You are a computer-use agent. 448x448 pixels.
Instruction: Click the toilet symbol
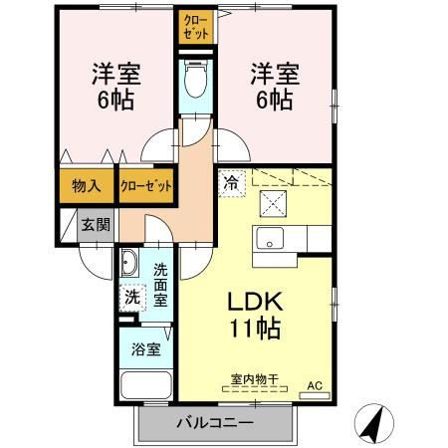click(196, 79)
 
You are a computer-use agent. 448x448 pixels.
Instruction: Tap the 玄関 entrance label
click(96, 225)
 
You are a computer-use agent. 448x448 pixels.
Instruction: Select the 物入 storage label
click(87, 186)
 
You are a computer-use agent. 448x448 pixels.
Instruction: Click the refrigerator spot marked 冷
click(232, 183)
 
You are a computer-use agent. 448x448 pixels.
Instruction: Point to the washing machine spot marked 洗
click(132, 298)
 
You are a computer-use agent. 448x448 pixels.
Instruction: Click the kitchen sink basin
click(270, 238)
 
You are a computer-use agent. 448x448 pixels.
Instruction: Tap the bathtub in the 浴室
click(146, 385)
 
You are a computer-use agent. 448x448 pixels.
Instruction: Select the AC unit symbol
click(315, 395)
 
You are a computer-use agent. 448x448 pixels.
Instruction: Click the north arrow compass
click(374, 423)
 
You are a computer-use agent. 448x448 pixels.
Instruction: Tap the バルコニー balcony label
click(215, 423)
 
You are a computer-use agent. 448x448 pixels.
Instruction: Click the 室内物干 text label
click(254, 379)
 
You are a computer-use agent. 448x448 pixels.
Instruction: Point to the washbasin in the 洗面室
click(128, 262)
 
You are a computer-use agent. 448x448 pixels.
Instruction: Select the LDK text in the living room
click(255, 302)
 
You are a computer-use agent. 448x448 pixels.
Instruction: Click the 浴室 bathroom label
click(146, 349)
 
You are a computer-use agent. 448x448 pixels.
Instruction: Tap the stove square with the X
click(273, 203)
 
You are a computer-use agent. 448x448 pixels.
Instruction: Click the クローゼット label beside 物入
click(146, 186)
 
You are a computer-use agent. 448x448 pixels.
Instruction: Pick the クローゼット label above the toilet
click(196, 27)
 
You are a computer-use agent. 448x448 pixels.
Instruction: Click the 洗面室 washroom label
click(160, 285)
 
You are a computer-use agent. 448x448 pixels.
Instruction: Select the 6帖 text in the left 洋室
click(115, 100)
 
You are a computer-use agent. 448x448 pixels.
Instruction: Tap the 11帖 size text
click(256, 328)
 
